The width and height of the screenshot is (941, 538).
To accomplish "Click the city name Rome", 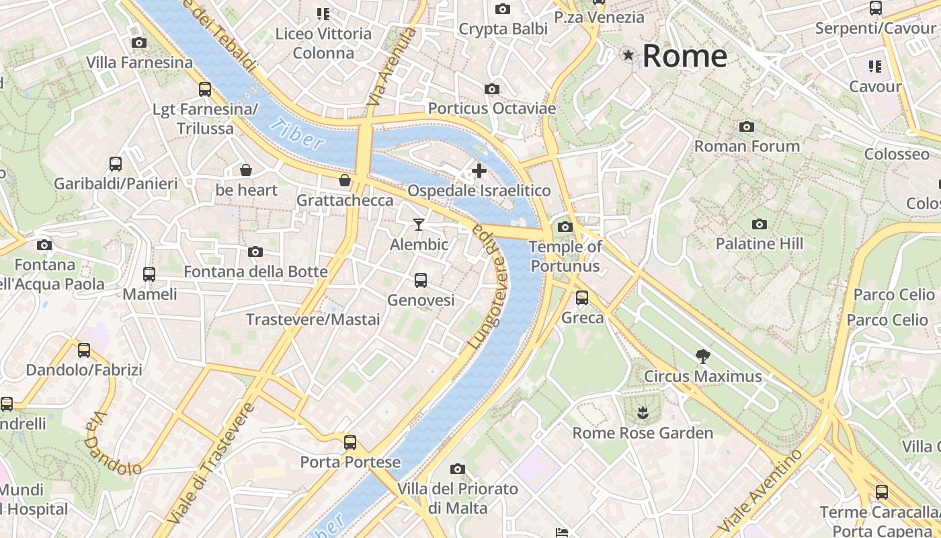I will coord(684,56).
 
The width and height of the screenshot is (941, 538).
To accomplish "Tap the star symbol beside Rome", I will coord(628,55).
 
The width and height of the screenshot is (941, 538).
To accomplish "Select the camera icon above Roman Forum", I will coord(746,126).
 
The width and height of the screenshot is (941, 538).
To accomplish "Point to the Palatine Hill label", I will coord(759,243).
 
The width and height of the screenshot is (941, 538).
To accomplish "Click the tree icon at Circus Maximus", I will coord(703,356).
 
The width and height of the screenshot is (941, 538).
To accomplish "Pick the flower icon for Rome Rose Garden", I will coord(643,412).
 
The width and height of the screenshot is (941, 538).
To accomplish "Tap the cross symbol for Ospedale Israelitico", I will coord(479,171).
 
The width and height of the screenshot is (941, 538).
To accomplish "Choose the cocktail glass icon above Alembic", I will coord(419,224).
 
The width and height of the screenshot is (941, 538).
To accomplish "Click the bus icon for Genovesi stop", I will coord(421,280).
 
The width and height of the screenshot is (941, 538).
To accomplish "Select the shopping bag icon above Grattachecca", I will coord(345,180).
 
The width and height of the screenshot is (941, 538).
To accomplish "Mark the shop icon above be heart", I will coord(246,170).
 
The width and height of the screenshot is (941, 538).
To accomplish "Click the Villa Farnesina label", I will coord(139,63).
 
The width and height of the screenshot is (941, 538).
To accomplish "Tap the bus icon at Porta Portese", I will coord(350,442).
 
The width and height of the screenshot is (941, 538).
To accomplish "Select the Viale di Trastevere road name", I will coord(212,464).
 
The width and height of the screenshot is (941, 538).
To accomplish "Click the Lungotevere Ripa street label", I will coord(490,286).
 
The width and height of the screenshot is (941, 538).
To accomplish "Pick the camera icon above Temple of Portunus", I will coord(565,227).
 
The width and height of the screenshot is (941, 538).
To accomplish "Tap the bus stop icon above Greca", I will coord(582,297).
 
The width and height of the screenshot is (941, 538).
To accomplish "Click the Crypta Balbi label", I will coord(503,29).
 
